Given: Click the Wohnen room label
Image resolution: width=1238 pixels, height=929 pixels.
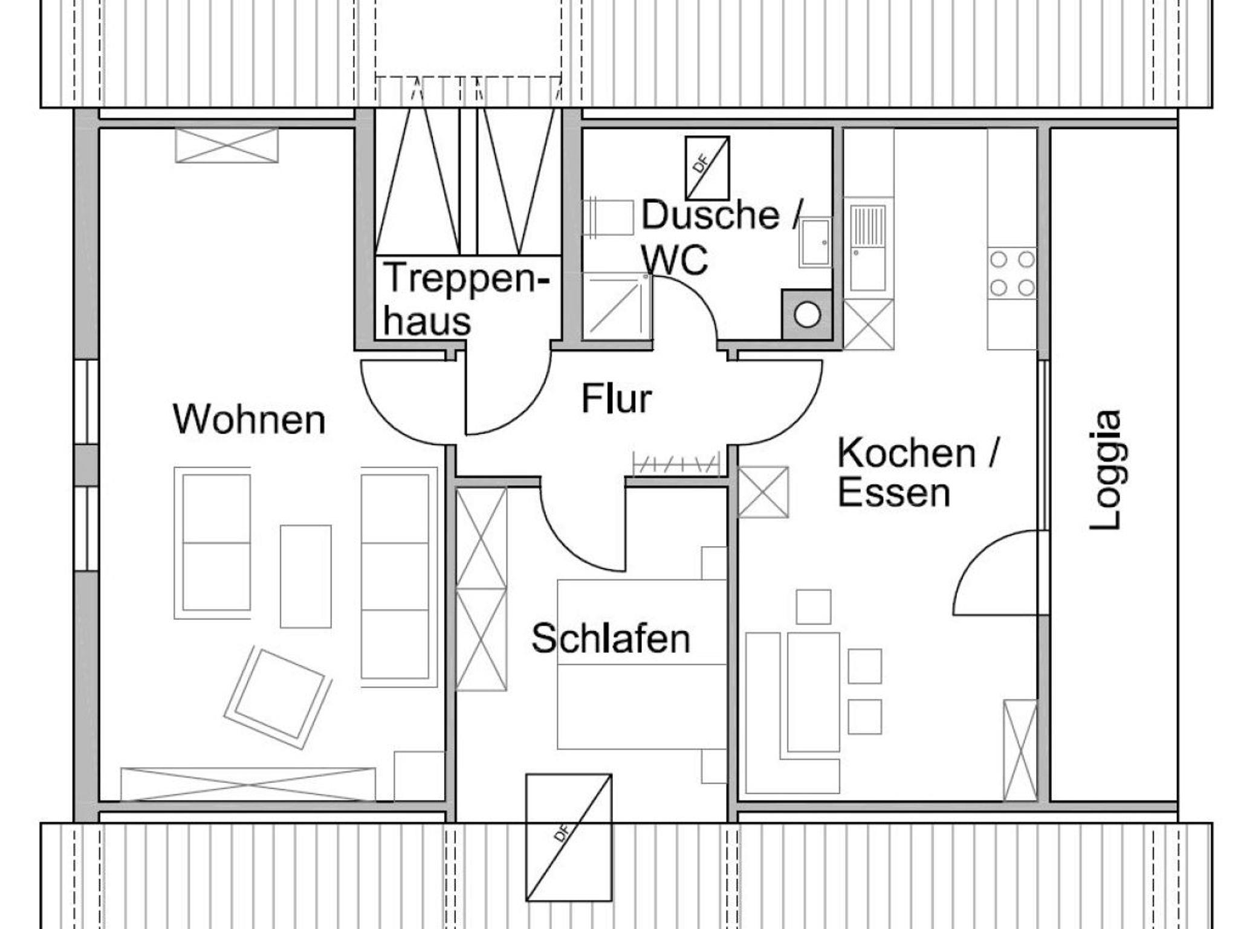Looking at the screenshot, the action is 249,419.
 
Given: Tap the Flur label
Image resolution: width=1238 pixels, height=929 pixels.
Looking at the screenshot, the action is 617,399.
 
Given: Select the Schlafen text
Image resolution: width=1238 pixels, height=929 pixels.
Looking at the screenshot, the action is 611,638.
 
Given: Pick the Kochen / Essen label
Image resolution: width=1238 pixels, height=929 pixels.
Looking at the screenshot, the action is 917,473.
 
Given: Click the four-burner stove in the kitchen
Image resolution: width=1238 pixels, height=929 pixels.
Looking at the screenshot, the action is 1012,274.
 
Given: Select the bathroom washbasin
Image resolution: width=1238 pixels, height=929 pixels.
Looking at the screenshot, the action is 815,242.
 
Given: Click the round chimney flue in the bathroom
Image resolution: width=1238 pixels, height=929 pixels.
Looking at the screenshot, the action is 807,314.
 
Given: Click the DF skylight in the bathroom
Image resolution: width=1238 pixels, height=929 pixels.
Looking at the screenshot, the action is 707,168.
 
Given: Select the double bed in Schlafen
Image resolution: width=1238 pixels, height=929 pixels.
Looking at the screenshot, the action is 641,664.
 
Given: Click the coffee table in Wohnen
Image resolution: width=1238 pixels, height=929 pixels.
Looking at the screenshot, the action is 305,576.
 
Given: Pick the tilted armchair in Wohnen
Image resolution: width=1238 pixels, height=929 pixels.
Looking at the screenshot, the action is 277,699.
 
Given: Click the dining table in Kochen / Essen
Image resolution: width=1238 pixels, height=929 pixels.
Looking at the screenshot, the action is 814,692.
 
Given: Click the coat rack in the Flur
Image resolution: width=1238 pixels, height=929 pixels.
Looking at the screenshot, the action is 676,463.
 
